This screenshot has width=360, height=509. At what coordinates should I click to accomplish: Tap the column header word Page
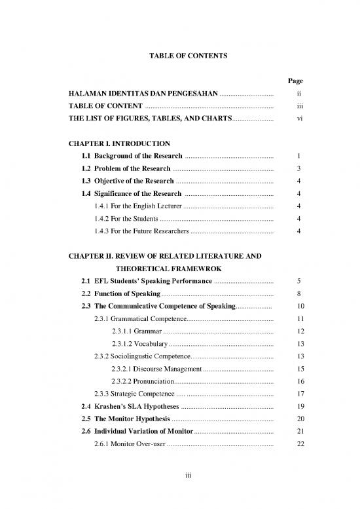click(x=295, y=81)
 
